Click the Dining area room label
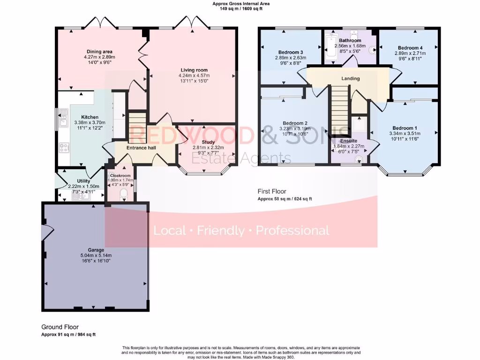tap(99, 52)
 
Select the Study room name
tap(208, 142)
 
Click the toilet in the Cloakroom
tap(124, 194)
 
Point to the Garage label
tap(96, 250)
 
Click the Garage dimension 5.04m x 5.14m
tap(96, 255)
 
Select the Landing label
tap(350, 78)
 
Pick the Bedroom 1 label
tap(404, 128)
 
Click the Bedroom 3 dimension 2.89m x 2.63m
tap(290, 58)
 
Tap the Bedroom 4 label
tap(410, 48)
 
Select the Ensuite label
tap(349, 141)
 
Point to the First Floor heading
tap(272, 191)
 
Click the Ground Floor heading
tap(60, 327)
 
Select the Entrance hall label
tap(141, 148)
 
